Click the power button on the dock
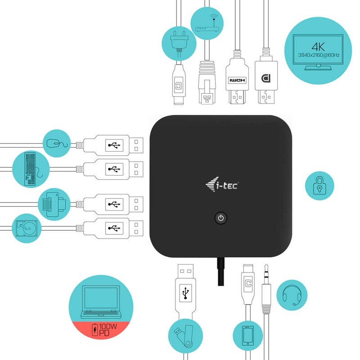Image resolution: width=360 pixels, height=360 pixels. coord(220,218)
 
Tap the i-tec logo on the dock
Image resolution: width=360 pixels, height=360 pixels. coord(222,184)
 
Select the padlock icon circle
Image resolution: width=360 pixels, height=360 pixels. coord(319,184)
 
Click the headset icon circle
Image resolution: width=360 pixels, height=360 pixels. coord(291,295)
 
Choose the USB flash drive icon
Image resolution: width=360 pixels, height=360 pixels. coord(182,336)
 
